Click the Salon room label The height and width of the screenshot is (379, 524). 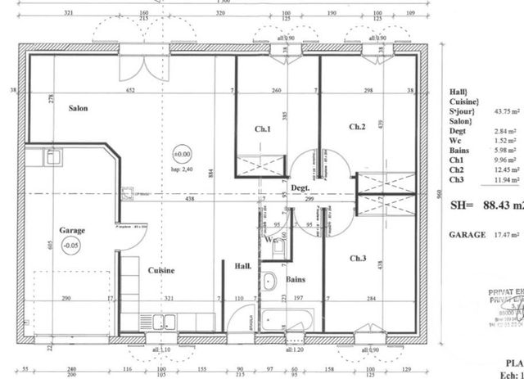(78, 108)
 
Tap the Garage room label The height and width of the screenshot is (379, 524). (72, 230)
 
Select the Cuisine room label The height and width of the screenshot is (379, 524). (160, 270)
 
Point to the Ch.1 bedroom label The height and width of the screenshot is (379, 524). (262, 129)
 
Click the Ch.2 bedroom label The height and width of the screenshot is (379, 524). (357, 126)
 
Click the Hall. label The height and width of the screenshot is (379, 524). (243, 266)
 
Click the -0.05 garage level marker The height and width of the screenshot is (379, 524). (73, 245)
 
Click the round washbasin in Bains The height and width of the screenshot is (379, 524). (269, 283)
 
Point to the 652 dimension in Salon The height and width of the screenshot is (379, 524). (131, 91)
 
